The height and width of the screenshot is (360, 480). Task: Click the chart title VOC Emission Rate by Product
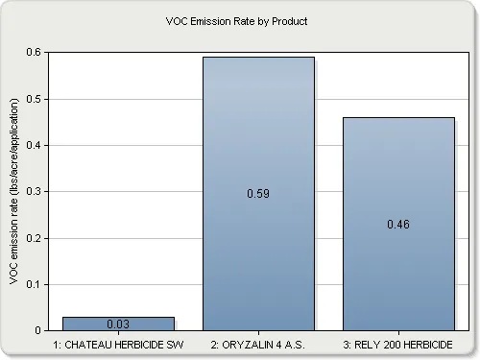click(x=239, y=20)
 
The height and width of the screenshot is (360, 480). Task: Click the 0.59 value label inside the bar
click(x=258, y=193)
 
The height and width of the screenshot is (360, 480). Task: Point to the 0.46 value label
click(x=398, y=224)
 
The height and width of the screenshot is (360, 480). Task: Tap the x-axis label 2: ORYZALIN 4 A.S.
click(x=258, y=342)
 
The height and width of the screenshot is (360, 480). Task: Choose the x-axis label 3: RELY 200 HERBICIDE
click(x=398, y=342)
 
